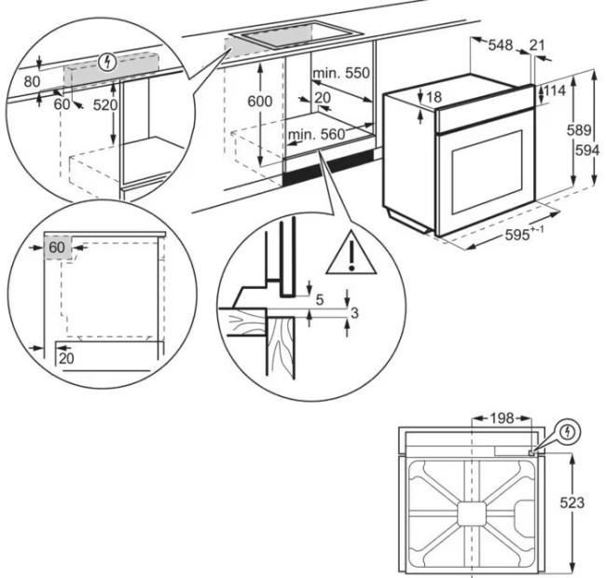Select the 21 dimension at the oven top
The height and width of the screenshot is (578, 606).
click(538, 44)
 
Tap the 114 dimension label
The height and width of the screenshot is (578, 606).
click(555, 90)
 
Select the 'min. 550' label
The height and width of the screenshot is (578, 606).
click(341, 74)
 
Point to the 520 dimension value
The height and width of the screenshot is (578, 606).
click(105, 105)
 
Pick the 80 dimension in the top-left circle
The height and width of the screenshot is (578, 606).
click(33, 81)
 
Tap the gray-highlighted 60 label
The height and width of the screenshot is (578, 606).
click(57, 247)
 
